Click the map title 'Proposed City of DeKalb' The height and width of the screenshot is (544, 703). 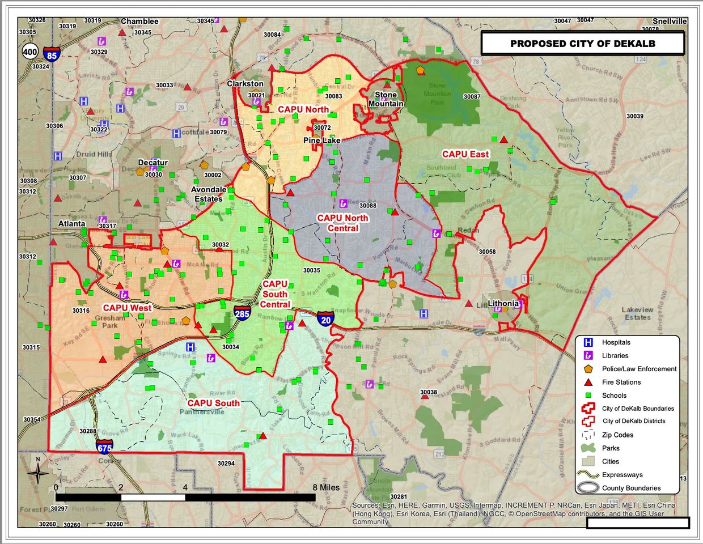point(583,44)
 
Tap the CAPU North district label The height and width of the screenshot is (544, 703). point(303,109)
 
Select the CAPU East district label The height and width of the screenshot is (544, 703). point(465,154)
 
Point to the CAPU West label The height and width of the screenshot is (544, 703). point(127,308)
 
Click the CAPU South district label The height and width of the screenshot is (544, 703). point(213,403)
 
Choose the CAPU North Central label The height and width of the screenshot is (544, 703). point(342,223)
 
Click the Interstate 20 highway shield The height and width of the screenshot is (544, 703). point(325,319)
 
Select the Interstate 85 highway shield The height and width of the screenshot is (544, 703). point(52,54)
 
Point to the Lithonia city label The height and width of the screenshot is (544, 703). point(503,303)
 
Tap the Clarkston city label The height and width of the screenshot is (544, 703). point(245,83)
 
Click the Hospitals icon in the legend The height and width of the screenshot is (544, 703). point(588,342)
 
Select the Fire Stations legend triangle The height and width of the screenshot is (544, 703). point(588,382)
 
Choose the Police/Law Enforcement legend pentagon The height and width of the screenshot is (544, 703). point(588,369)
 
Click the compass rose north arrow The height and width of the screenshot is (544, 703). point(37,471)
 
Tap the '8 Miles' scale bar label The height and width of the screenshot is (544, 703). point(326,487)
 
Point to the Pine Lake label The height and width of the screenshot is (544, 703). point(322,140)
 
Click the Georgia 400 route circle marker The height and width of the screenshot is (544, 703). point(30,52)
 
